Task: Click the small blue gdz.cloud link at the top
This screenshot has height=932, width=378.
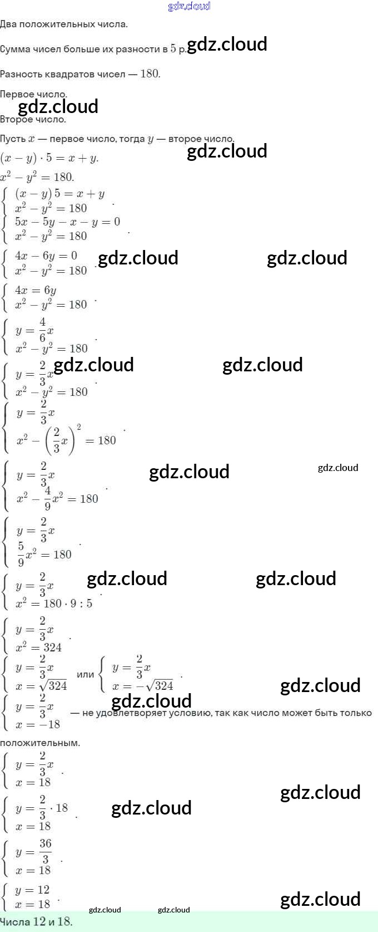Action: point(189,6)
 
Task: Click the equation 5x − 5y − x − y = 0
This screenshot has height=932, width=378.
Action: point(68,222)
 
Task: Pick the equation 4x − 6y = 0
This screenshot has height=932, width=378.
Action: point(46,256)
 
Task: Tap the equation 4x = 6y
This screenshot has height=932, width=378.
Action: point(36,290)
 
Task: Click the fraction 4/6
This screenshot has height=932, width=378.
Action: point(43,330)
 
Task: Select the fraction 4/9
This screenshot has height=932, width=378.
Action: point(48,498)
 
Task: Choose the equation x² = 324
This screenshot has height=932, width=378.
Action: point(38,647)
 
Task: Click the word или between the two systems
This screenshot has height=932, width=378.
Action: point(85,674)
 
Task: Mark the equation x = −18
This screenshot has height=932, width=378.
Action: point(38,724)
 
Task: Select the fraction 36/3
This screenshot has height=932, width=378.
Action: point(46,851)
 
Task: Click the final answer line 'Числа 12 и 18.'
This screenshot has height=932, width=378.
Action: point(37,921)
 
